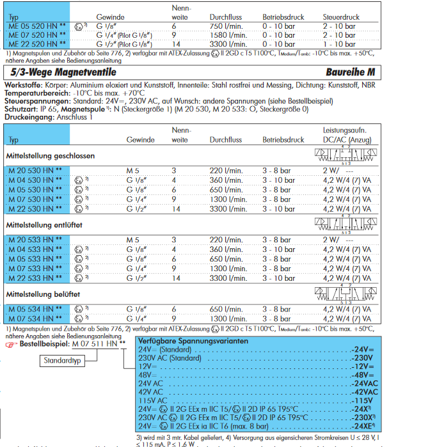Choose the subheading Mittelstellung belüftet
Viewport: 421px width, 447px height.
pyautogui.click(x=43, y=294)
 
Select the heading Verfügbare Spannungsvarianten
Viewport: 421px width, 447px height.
pyautogui.click(x=191, y=341)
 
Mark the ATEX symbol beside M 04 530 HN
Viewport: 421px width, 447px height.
pyautogui.click(x=79, y=180)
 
